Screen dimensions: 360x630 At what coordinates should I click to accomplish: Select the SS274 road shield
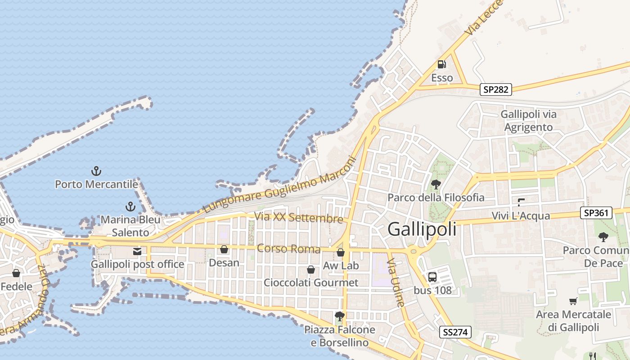tap(455, 333)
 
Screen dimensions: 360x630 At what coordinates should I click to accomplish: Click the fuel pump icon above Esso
tap(442, 64)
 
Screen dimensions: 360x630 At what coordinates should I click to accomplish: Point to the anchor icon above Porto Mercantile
tap(96, 171)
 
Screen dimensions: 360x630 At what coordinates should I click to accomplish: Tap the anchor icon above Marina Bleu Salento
tap(130, 207)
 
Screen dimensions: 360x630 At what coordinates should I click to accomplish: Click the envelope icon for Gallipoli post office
tap(137, 252)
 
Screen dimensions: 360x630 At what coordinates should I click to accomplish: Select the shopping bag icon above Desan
tap(224, 249)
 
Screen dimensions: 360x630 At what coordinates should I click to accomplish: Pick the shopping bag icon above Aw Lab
tap(341, 252)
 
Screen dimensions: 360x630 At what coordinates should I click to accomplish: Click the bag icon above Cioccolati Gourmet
tap(310, 270)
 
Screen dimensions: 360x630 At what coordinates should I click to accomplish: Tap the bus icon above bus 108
tap(432, 277)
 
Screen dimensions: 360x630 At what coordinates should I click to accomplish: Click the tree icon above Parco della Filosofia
tap(436, 184)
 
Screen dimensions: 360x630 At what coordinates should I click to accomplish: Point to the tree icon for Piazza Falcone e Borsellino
tap(340, 316)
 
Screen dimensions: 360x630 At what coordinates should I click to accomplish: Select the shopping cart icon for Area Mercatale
tap(573, 301)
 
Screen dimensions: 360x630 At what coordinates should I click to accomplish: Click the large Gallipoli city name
tap(422, 229)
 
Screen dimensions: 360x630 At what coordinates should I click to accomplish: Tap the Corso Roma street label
tap(288, 248)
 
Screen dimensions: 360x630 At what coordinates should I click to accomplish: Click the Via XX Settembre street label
tap(299, 217)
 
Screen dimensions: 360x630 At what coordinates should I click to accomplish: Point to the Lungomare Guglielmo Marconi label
tap(279, 184)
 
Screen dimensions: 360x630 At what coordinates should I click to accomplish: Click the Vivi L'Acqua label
tap(521, 216)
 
